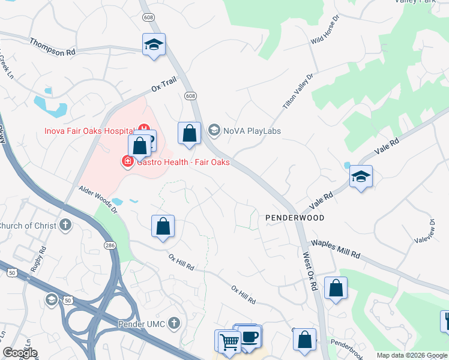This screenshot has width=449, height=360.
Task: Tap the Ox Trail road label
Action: tap(163, 88)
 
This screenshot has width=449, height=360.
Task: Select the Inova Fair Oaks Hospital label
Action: tap(89, 131)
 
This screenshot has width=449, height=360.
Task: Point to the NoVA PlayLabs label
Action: tap(252, 131)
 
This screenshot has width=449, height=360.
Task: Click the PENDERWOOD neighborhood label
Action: tap(295, 218)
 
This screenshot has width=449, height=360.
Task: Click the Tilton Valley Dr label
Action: tap(298, 92)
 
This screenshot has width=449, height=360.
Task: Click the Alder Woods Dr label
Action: tap(98, 199)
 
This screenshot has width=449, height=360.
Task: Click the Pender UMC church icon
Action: tap(174, 324)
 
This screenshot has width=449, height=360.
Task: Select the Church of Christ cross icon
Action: tap(65, 226)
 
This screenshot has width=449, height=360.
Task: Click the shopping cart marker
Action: tap(228, 341)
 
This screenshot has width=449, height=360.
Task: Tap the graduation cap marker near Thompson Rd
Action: tap(154, 45)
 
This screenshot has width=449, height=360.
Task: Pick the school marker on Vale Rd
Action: tap(361, 177)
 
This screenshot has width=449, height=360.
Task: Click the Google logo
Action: tap(19, 353)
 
